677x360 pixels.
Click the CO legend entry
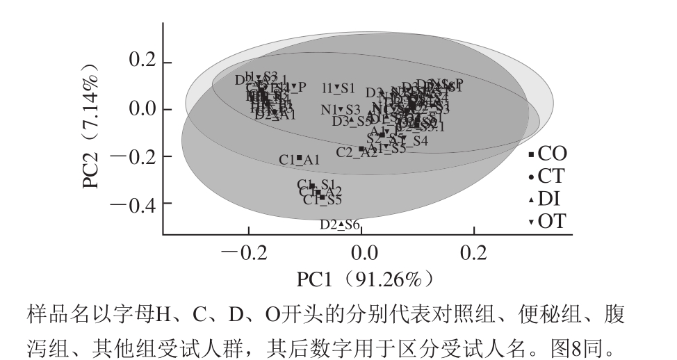[546, 154]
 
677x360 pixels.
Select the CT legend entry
[546, 177]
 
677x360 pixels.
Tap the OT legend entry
[546, 222]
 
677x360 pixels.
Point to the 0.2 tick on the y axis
[145, 63]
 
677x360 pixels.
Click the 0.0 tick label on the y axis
[145, 110]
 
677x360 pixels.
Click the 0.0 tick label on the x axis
[362, 252]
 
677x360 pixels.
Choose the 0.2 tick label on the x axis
[475, 252]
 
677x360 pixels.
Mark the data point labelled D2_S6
[341, 224]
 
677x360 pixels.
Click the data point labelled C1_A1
[299, 158]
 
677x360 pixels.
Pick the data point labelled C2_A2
[361, 149]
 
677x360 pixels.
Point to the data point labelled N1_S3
[341, 109]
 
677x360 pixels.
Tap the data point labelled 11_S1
[337, 88]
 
